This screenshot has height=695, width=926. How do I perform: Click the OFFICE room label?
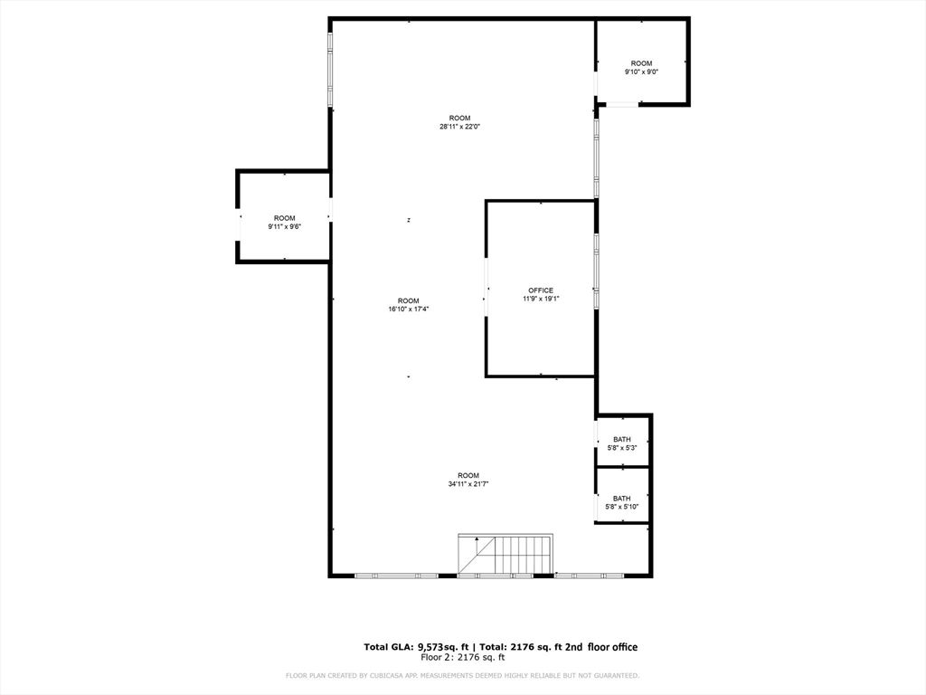point(541,290)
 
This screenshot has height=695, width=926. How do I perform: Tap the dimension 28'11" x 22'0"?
point(459,127)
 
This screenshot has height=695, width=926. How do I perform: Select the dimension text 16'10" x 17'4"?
point(408,309)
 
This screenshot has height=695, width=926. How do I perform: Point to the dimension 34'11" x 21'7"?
point(468,484)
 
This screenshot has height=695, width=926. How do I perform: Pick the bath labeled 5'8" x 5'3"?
point(622,443)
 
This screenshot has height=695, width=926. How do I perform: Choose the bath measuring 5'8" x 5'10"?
point(622,502)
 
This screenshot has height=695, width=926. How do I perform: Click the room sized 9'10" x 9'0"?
point(641,68)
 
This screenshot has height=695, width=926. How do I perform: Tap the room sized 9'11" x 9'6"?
point(284,223)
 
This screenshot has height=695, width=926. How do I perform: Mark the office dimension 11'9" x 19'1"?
point(541,300)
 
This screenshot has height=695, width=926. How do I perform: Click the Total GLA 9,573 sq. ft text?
point(415,647)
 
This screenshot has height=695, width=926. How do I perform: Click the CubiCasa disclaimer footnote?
point(462,676)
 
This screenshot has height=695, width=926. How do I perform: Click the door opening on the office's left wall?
point(487,289)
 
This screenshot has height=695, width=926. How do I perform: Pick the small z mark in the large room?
point(409,220)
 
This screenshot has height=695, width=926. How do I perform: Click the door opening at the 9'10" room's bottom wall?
point(620,105)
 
